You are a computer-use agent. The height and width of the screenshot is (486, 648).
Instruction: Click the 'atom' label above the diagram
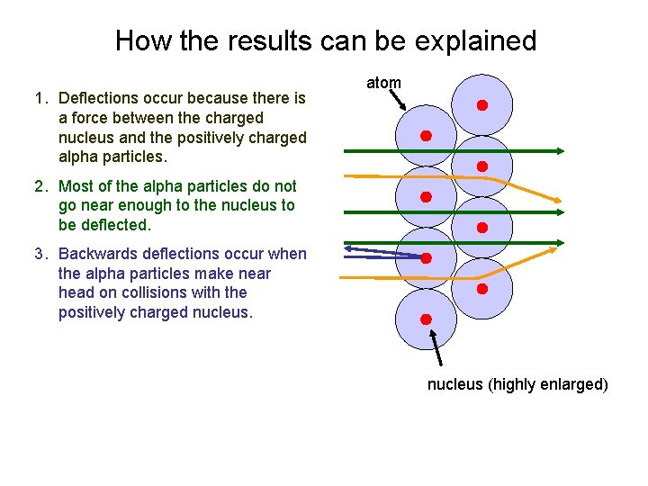[383, 83]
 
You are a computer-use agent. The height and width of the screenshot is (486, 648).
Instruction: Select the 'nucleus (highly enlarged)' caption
[517, 384]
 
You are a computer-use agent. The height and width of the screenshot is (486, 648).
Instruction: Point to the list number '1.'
[41, 98]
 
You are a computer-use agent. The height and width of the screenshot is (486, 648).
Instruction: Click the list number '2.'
[41, 186]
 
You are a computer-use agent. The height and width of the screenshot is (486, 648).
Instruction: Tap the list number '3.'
[41, 254]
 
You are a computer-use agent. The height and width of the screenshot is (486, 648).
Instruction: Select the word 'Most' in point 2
[76, 186]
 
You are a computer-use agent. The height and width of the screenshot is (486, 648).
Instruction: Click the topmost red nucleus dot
[481, 105]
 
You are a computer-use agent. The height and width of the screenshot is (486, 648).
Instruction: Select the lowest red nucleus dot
[426, 319]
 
